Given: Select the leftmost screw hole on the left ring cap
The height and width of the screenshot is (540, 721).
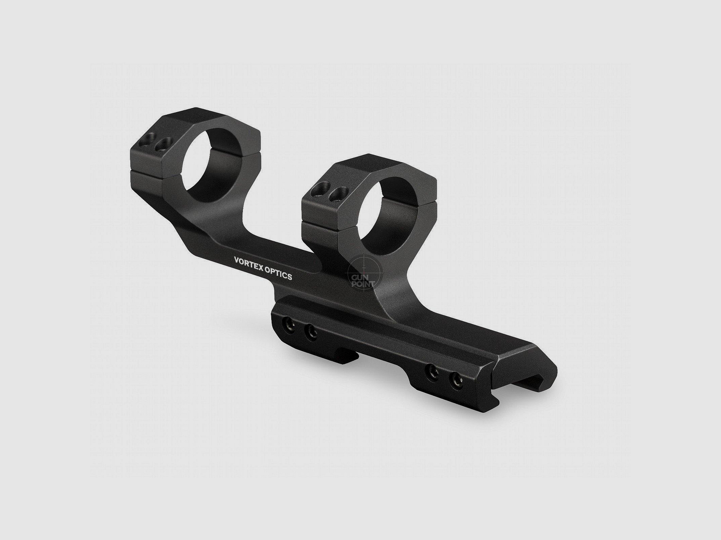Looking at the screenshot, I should [147, 143].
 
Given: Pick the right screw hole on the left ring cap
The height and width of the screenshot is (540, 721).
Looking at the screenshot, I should [161, 146].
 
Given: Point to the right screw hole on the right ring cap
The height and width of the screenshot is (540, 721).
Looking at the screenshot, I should [335, 193].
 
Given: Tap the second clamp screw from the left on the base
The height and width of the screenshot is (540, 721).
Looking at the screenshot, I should [310, 333].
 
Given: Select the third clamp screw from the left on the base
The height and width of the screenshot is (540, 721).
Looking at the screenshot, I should [434, 371].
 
